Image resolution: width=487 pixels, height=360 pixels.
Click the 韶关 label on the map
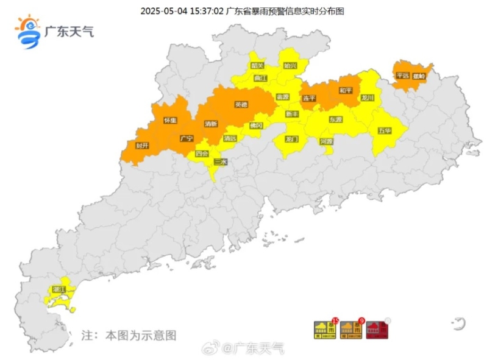pyautogui.click(x=257, y=66)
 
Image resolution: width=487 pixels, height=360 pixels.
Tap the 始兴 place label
pyautogui.click(x=290, y=65)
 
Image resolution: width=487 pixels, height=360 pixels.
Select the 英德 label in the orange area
pyautogui.click(x=241, y=104)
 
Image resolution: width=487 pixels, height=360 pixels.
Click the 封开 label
pyautogui.click(x=142, y=146)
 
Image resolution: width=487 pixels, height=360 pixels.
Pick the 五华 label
pyautogui.click(x=384, y=130)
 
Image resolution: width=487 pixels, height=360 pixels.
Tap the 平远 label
pyautogui.click(x=402, y=76)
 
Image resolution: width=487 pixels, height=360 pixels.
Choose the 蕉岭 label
pyautogui.click(x=419, y=76)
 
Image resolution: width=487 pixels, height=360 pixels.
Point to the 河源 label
pyautogui.click(x=327, y=141)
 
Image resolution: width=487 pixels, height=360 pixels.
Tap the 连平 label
pyautogui.click(x=309, y=98)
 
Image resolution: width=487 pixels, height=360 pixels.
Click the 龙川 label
pyautogui.click(x=367, y=97)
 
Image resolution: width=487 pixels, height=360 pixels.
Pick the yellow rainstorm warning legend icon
pyautogui.click(x=321, y=330)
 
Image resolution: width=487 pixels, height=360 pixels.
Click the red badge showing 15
pyautogui.click(x=335, y=320)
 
